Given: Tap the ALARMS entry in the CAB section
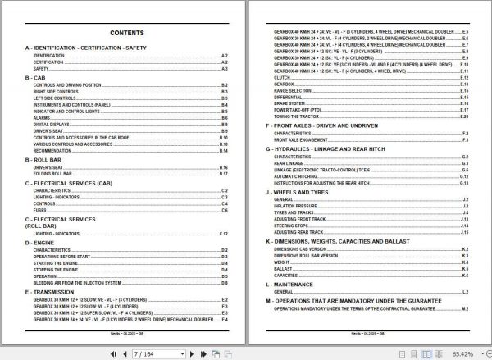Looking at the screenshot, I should point(41,117).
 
